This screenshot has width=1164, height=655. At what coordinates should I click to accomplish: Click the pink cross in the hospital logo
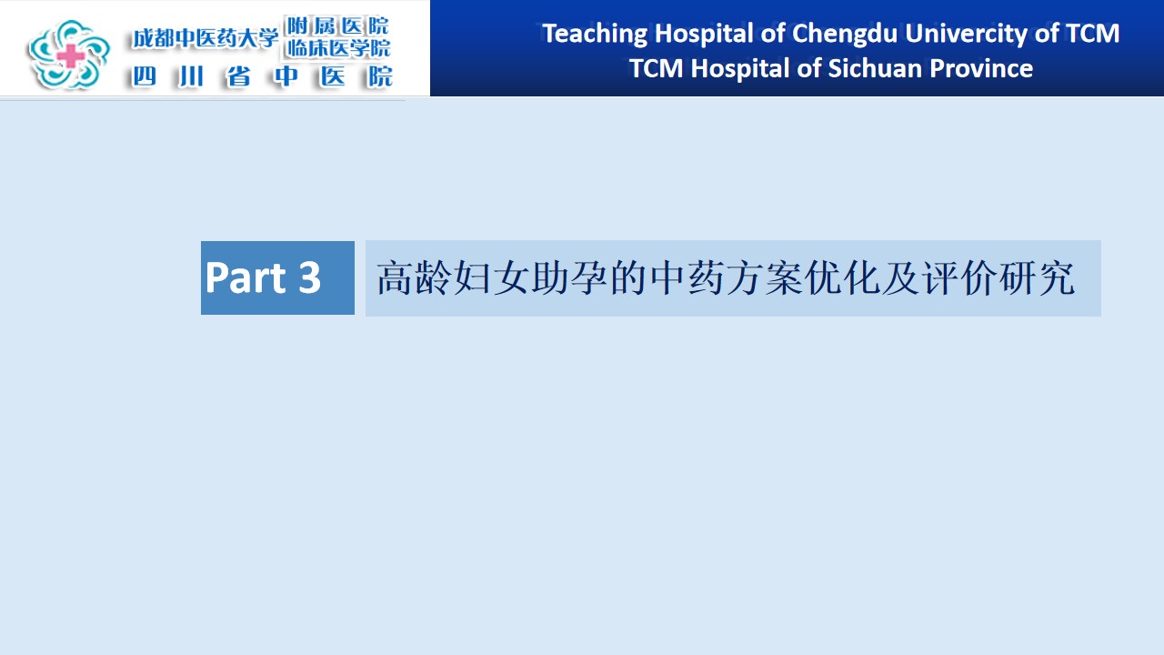[x=71, y=55]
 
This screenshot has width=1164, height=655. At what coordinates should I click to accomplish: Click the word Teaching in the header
[x=595, y=35]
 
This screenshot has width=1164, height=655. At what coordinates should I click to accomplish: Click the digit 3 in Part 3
[x=310, y=277]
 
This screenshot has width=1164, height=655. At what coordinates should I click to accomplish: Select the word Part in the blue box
[x=246, y=277]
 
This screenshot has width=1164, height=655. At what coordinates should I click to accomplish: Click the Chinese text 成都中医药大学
[x=206, y=38]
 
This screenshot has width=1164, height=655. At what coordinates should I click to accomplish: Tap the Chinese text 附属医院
[x=337, y=25]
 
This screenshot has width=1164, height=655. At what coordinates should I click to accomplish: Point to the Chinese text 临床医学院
[x=338, y=48]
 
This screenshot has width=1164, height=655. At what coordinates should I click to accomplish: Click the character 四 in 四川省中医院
[x=144, y=77]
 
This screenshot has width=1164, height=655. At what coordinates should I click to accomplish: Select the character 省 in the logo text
[x=238, y=77]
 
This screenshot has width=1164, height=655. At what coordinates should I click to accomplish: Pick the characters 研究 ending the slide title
[x=1038, y=278]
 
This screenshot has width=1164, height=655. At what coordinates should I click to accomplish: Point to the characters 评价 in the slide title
[x=959, y=278]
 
